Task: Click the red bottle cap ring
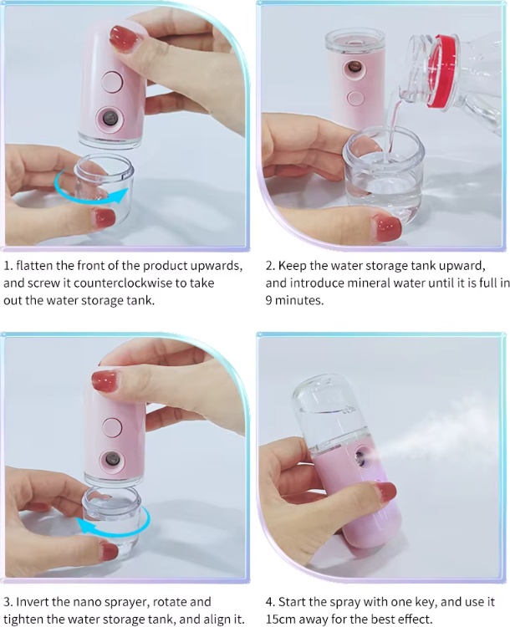(x=442, y=71)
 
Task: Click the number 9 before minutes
(x=268, y=300)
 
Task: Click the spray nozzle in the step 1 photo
(x=110, y=119)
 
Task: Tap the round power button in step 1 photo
(x=112, y=82)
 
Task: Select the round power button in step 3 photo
(x=112, y=426)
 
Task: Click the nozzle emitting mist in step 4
(x=361, y=456)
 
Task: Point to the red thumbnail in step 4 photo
(x=386, y=492)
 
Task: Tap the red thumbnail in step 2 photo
(x=386, y=228)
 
